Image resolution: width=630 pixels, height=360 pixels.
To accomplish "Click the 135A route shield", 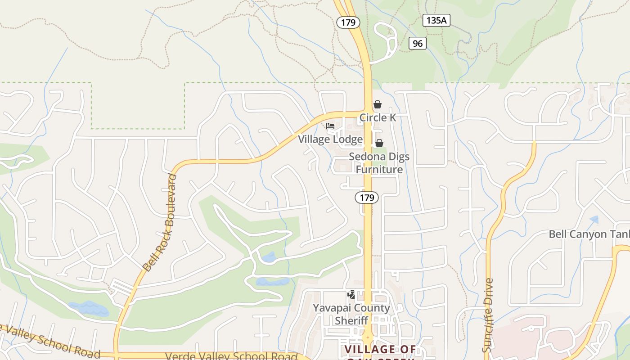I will pos(436,20).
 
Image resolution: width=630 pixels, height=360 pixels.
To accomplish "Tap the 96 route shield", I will pos(418,43).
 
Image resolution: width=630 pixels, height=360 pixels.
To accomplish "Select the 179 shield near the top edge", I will pos(348,22).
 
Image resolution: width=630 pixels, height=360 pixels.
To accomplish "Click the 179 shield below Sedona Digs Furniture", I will pos(367,197).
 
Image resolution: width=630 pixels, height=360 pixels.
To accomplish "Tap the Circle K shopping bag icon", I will pos(378,104).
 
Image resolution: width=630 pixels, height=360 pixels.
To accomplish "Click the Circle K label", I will pos(378,118).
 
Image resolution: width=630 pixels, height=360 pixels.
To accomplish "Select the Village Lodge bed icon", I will pos(330,126).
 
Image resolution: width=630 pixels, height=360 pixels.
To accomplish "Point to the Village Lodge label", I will pos(330,139).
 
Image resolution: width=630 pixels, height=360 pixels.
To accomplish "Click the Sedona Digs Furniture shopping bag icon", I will pos(379,143).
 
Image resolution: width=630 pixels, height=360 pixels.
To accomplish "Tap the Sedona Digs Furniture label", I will pos(379,163).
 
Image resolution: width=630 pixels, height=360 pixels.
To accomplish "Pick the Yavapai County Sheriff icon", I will pos(351,295).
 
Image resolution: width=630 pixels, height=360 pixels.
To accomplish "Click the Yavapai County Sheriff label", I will pos(351,314).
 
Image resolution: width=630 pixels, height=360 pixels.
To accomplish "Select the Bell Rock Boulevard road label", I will pos(160,223).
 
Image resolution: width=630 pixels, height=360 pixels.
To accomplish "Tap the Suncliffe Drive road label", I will pos(488,315).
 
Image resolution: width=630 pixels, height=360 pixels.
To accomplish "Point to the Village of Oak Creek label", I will pos(380,350).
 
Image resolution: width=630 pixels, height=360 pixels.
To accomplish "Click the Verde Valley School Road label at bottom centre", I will pos(231,356).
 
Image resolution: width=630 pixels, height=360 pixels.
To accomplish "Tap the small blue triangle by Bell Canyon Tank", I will pos(594,220).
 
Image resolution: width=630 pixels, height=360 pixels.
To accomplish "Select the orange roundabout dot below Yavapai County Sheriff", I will pos(368,337).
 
